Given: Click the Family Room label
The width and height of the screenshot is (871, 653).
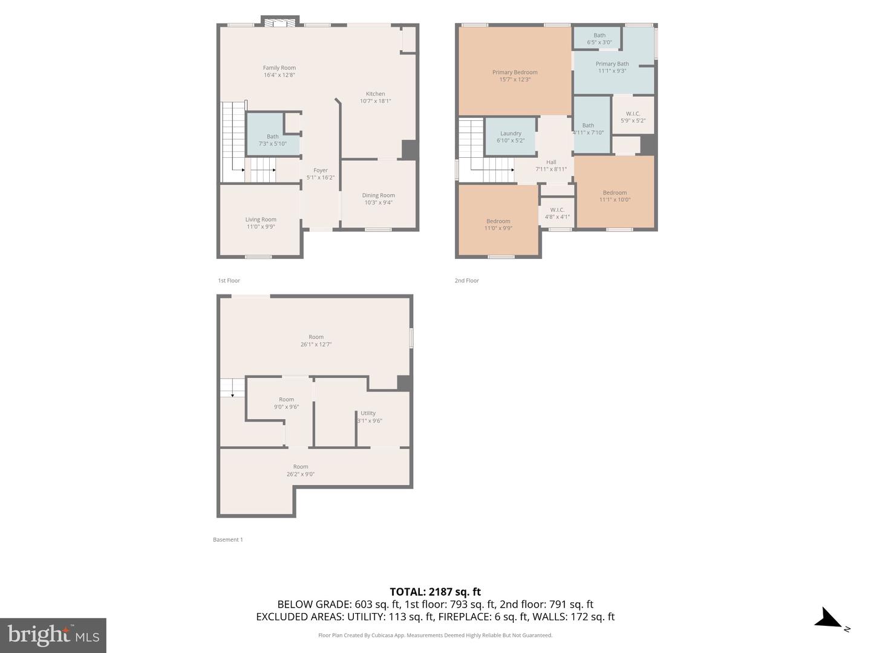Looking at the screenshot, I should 279,68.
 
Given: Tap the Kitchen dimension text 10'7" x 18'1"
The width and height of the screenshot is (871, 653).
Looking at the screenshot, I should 375,101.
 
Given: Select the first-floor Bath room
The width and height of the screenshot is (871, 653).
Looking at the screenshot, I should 273,140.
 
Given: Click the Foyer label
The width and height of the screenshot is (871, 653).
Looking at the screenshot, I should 320,171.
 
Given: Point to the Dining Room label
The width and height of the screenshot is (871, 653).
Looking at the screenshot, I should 378,195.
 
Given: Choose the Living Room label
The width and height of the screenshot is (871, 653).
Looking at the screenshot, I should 261,220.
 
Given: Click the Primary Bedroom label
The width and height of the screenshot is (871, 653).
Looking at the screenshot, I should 515,73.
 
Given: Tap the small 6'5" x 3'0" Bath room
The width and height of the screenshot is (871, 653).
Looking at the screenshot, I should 599,39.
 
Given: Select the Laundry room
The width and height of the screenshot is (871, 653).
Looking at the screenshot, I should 511,137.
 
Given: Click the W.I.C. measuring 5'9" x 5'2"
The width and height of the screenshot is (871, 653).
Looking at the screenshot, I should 633,117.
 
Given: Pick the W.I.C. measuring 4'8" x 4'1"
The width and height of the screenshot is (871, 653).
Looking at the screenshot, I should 557,213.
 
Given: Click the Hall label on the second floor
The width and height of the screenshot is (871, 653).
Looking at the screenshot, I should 551,162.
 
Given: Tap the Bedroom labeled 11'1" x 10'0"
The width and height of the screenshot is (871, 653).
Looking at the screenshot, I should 615,196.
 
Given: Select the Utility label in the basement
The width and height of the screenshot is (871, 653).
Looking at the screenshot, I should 368,414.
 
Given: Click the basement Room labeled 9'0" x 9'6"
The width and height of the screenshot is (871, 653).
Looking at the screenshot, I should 286,403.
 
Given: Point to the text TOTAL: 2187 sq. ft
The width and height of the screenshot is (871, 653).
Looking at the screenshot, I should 435,592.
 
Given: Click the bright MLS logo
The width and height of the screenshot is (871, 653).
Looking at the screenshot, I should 53,635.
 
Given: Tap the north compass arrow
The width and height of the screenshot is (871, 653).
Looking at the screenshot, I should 829,620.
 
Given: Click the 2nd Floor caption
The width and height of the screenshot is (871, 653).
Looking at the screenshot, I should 466,281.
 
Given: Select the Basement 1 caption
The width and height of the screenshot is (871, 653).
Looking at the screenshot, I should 227,539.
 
